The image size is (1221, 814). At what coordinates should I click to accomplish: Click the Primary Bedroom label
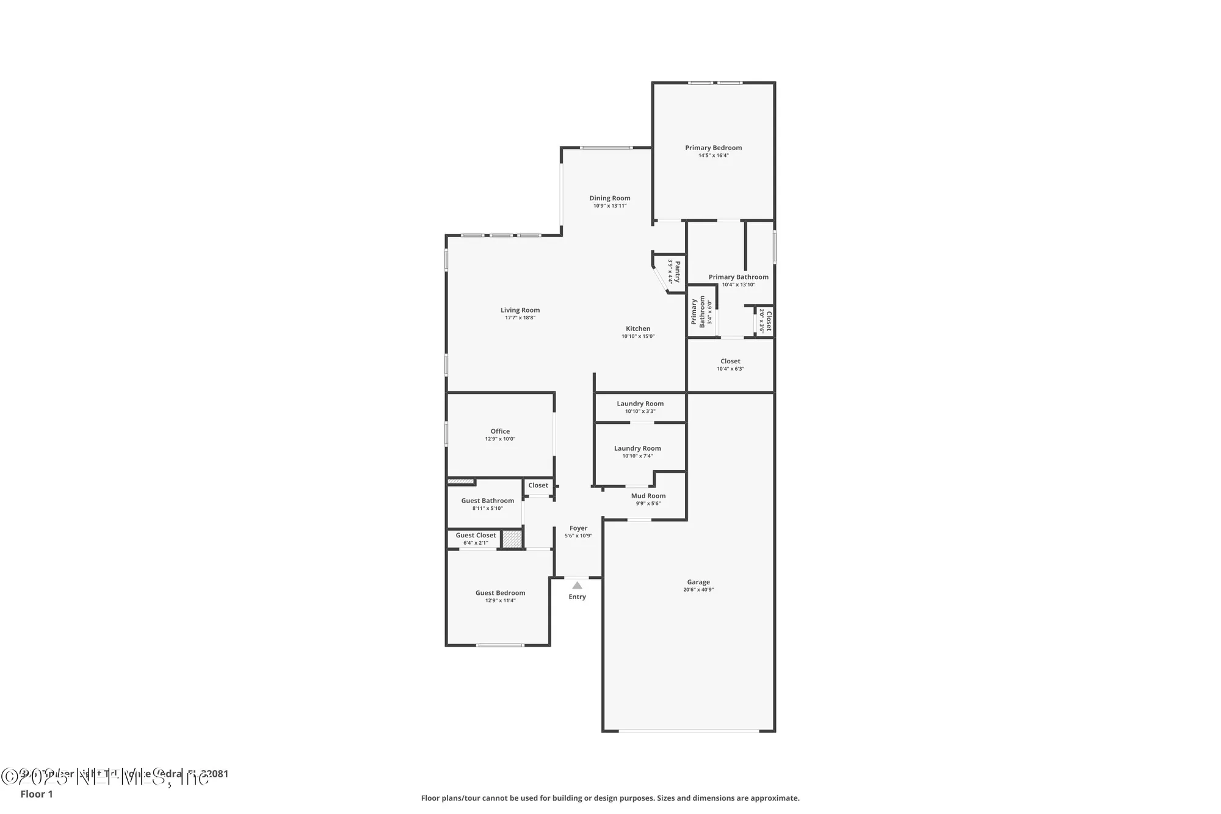click(x=713, y=148)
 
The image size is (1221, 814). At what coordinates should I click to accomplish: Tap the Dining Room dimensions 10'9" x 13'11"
click(x=609, y=206)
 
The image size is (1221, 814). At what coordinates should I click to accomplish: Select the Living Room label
click(x=520, y=310)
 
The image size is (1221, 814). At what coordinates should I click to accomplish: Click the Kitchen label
click(x=638, y=329)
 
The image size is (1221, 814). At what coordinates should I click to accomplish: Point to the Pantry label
click(x=677, y=271)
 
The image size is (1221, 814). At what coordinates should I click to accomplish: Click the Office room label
click(x=500, y=431)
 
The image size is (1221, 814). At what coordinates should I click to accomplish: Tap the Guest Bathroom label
click(x=487, y=501)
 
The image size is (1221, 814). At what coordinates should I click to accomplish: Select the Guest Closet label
click(x=476, y=536)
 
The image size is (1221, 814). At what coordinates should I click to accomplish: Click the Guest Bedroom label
click(x=500, y=593)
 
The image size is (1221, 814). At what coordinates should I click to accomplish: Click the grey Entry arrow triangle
click(x=577, y=586)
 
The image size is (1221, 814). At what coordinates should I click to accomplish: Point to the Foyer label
click(x=578, y=528)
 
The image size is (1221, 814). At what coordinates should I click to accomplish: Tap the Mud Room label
click(x=648, y=496)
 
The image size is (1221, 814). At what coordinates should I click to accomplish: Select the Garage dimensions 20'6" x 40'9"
click(x=698, y=590)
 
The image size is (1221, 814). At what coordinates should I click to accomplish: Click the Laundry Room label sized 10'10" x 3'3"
click(x=640, y=404)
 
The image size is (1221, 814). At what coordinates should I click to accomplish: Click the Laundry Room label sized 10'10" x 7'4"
click(x=637, y=448)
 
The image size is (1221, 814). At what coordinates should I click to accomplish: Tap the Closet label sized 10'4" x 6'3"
click(x=730, y=362)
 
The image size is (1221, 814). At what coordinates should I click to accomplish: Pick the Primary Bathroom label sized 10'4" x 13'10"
click(x=738, y=277)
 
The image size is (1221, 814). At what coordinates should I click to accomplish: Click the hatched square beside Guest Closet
click(x=512, y=539)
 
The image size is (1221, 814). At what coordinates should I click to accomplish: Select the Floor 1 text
click(x=37, y=794)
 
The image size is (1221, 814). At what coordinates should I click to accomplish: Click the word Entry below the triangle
click(x=577, y=597)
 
